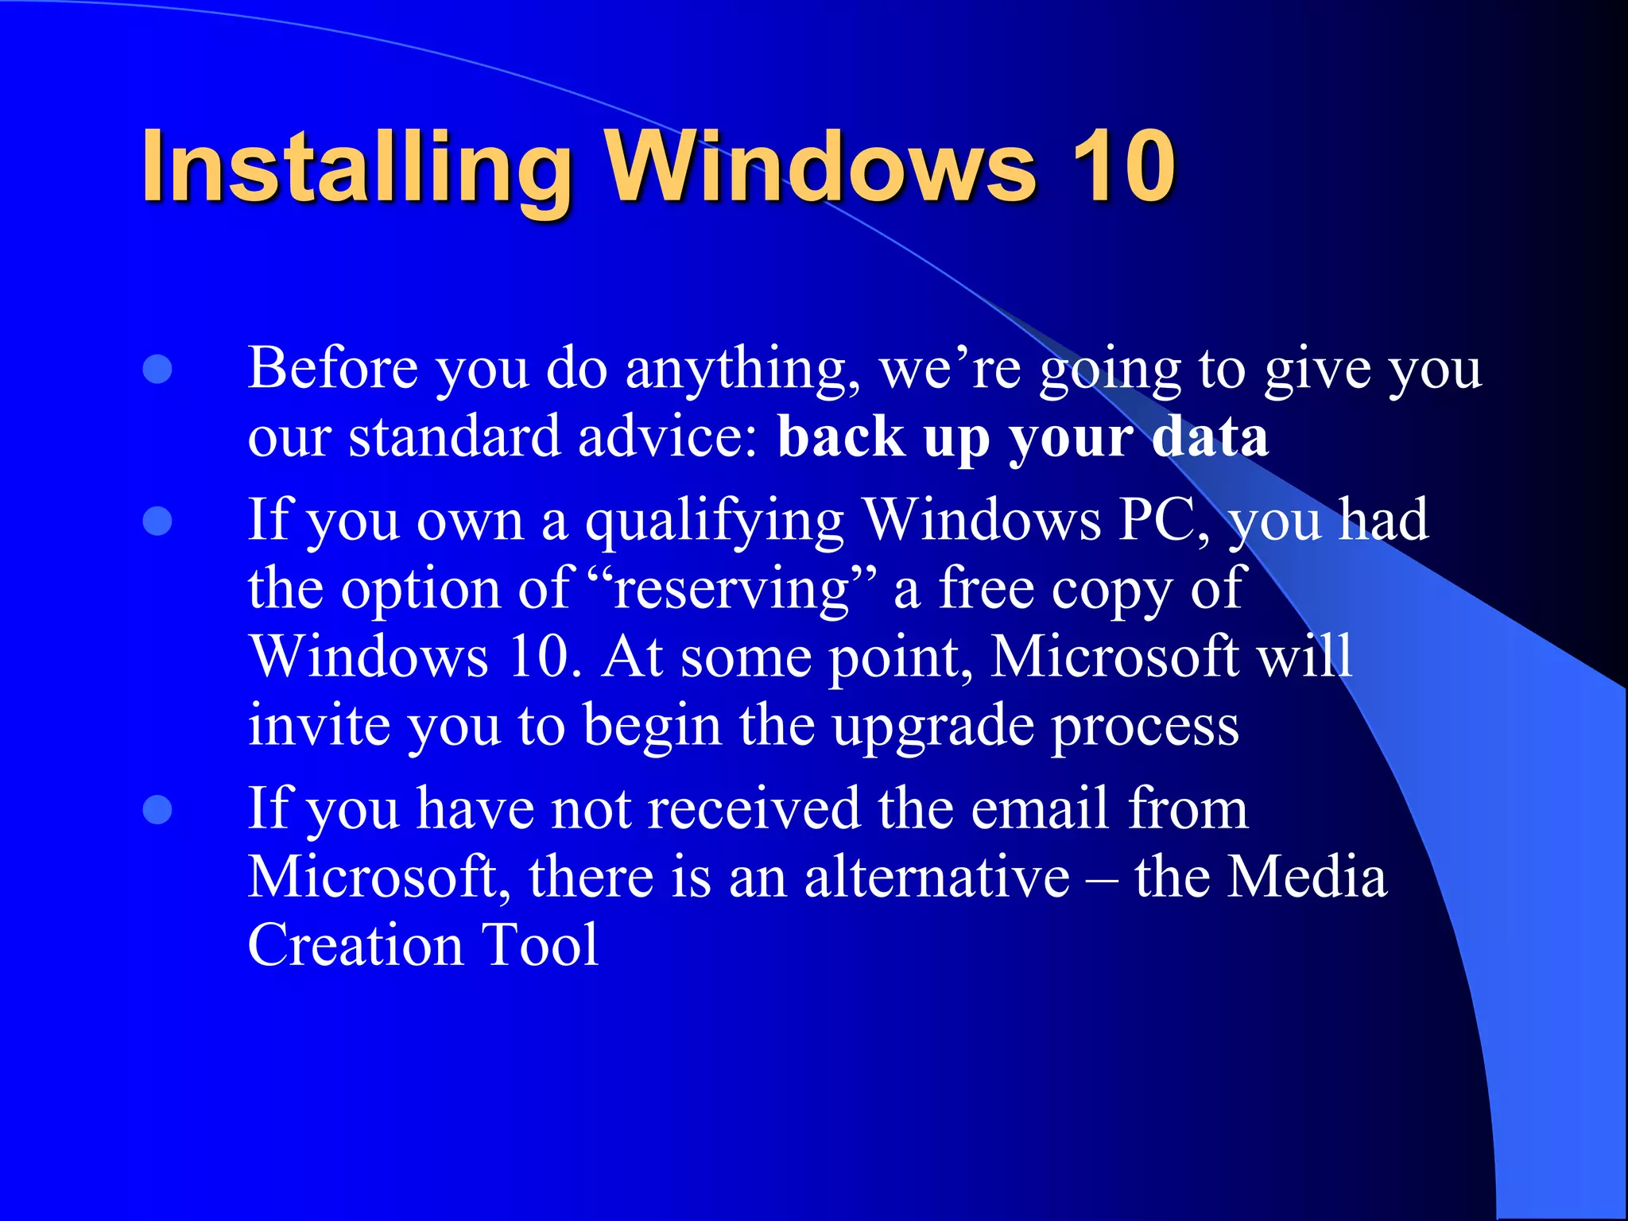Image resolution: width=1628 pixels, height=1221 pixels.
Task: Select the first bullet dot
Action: (157, 369)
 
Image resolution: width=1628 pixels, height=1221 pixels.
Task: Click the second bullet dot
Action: (157, 521)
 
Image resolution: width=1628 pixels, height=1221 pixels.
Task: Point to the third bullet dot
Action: (157, 810)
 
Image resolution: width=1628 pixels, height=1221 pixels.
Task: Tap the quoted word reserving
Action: (731, 590)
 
